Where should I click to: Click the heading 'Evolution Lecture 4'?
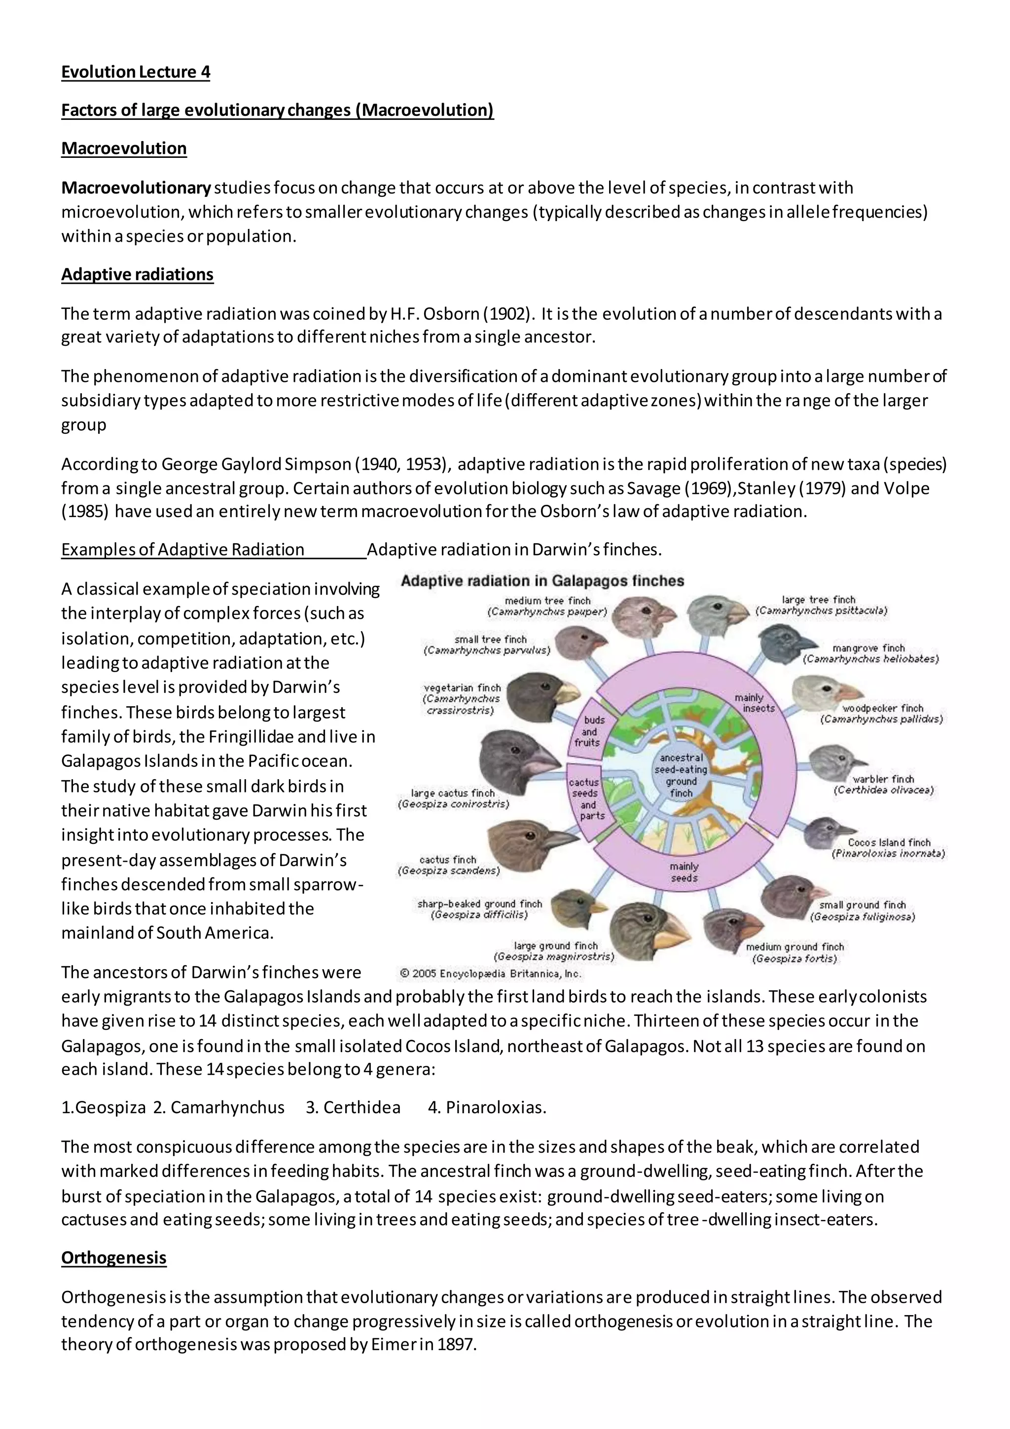point(136,72)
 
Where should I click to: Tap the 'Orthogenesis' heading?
point(114,1258)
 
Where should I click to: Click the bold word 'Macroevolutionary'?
point(136,188)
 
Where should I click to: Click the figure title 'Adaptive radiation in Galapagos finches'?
point(542,581)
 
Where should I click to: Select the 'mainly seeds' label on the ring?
point(684,872)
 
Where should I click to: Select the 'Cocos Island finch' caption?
point(889,842)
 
